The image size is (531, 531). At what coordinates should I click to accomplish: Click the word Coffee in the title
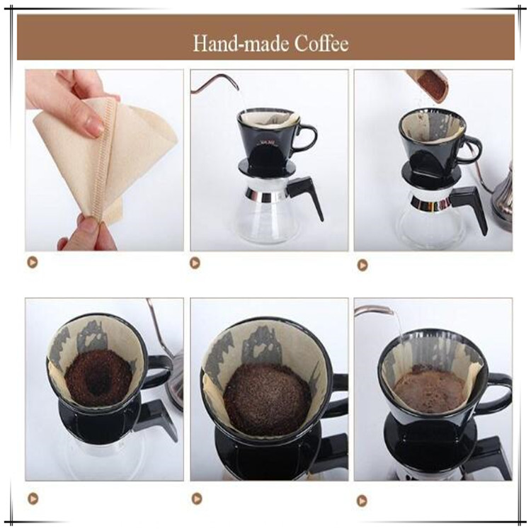(321, 44)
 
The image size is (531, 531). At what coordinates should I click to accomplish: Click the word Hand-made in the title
(241, 44)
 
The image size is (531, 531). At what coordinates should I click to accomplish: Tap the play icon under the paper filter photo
(33, 262)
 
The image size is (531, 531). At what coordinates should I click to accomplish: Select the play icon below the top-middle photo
(195, 263)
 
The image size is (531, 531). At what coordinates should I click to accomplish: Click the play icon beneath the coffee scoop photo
(362, 265)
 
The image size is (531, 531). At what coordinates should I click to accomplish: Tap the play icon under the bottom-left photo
(33, 498)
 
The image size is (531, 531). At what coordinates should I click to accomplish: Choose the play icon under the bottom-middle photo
(197, 498)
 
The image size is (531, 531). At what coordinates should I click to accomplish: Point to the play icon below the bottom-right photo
(362, 500)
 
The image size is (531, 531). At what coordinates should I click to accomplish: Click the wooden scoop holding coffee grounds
(428, 85)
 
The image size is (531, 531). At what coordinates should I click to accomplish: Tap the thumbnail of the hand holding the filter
(104, 160)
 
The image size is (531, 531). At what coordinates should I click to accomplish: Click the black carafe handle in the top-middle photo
(308, 196)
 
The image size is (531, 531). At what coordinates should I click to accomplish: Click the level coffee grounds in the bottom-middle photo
(267, 394)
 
